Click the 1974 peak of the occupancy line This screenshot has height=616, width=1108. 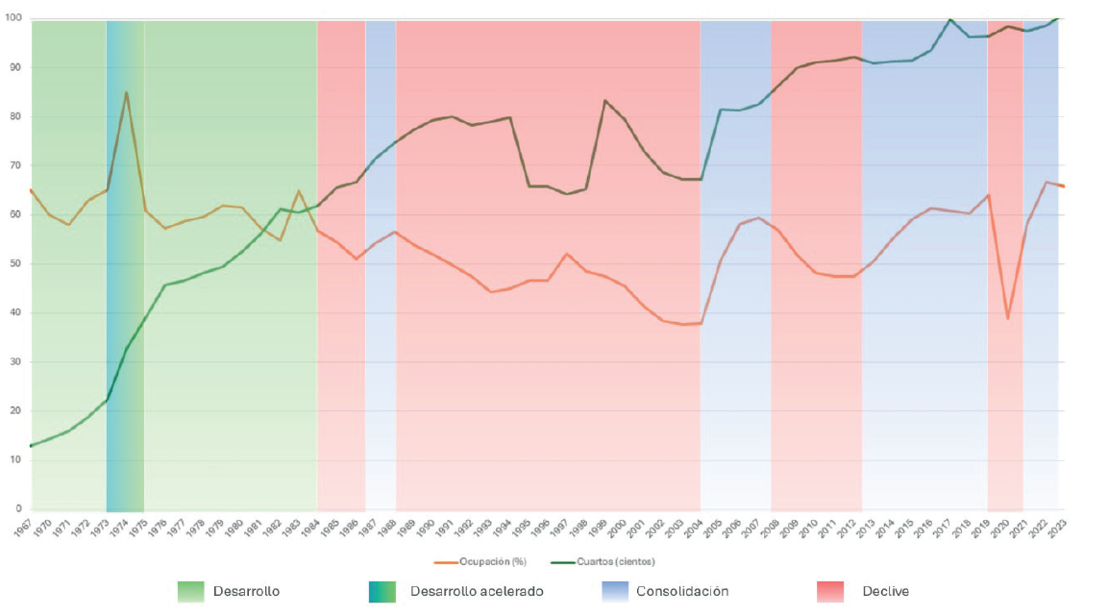(x=126, y=92)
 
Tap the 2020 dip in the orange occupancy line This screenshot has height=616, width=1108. (x=1007, y=318)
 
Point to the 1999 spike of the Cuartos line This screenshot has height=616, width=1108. (x=604, y=100)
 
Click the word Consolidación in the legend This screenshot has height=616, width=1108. (x=682, y=591)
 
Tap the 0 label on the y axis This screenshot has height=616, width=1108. (x=18, y=508)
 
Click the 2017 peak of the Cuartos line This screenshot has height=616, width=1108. (x=950, y=19)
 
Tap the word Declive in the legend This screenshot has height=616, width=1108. (x=885, y=591)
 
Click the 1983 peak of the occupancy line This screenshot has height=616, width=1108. (x=299, y=191)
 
